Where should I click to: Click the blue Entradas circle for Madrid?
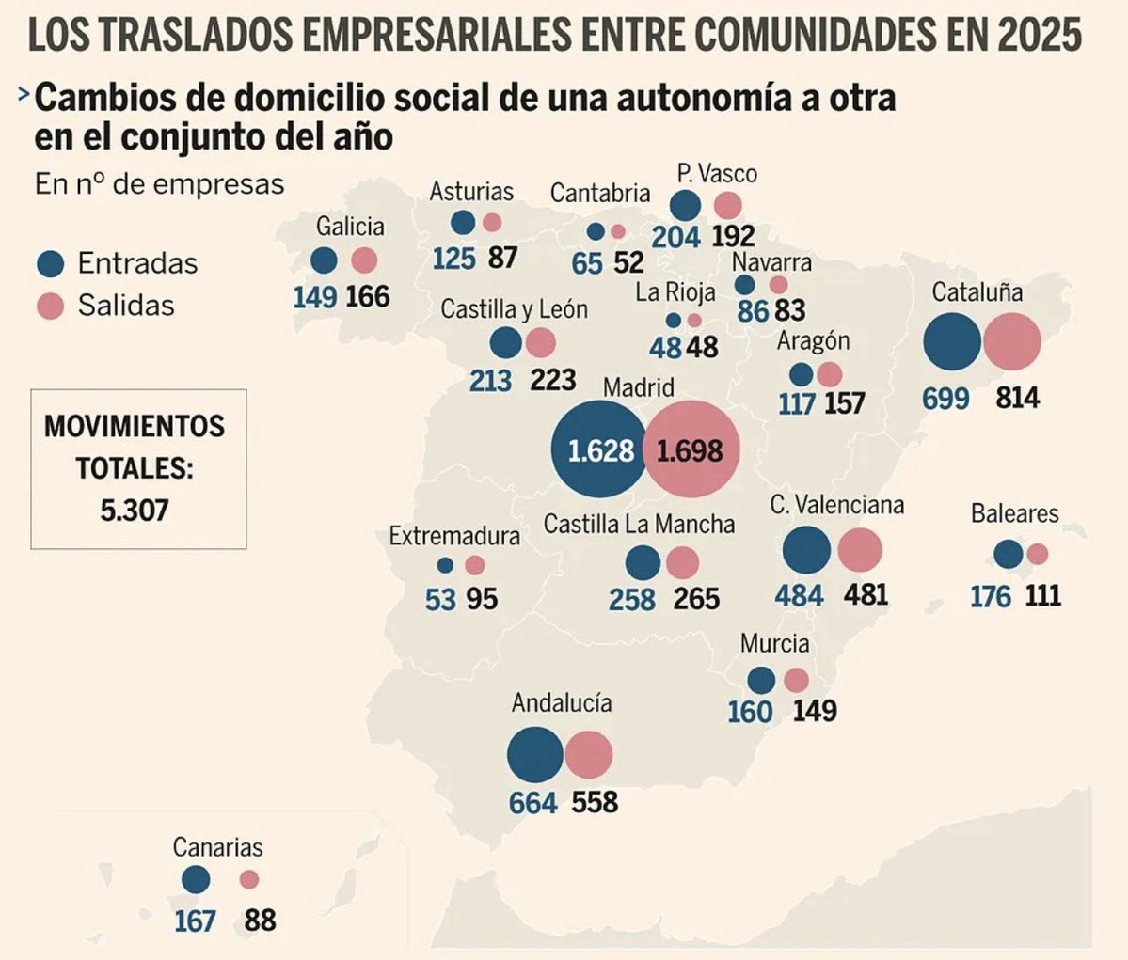pos(599,449)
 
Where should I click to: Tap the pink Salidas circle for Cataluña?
pos(1012,342)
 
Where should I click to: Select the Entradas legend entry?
pos(117,263)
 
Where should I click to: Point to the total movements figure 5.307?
pos(135,511)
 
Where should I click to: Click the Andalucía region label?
pos(562,703)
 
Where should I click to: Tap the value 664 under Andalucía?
pos(533,804)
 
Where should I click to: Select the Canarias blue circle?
pos(196,880)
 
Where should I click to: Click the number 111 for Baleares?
pos(1043,595)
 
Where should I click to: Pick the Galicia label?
pos(350,227)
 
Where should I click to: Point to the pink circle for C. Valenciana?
pos(860,550)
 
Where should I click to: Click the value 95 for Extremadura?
pos(481,599)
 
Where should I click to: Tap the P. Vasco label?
pos(717,174)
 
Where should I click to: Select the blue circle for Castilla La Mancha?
pos(643,563)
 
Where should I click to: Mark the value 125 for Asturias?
pos(454,258)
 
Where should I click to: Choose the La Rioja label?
pos(675,292)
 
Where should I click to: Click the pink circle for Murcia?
pos(796,681)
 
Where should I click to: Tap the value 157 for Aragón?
pos(844,403)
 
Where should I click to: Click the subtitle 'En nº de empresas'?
pos(159,184)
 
